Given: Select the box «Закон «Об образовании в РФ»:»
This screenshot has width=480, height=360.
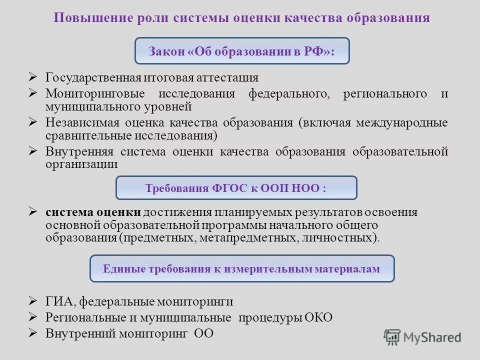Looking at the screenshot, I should tap(242, 51).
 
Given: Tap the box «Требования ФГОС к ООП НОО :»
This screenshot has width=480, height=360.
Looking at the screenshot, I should tap(236, 188).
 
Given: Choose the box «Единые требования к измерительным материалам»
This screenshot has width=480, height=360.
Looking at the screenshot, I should tap(241, 269).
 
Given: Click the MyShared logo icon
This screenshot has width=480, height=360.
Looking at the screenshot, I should tap(392, 337).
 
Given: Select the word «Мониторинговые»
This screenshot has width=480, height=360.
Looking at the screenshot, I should tap(95, 94).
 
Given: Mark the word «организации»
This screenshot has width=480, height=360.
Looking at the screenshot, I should tap(81, 164).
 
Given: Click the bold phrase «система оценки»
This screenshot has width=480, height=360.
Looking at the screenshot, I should tap(93, 212).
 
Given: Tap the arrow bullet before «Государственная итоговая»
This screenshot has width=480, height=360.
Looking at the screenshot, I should tap(33, 77).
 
